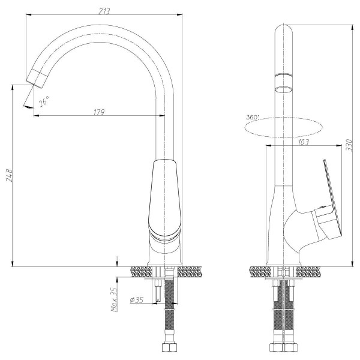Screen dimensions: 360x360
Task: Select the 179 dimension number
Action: pos(100,112)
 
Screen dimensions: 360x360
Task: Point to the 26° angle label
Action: pos(44,103)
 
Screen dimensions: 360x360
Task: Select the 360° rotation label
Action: pos(253,118)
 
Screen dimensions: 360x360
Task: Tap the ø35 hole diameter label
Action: pos(136,299)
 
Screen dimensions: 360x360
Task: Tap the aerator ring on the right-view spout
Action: pos(283,74)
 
